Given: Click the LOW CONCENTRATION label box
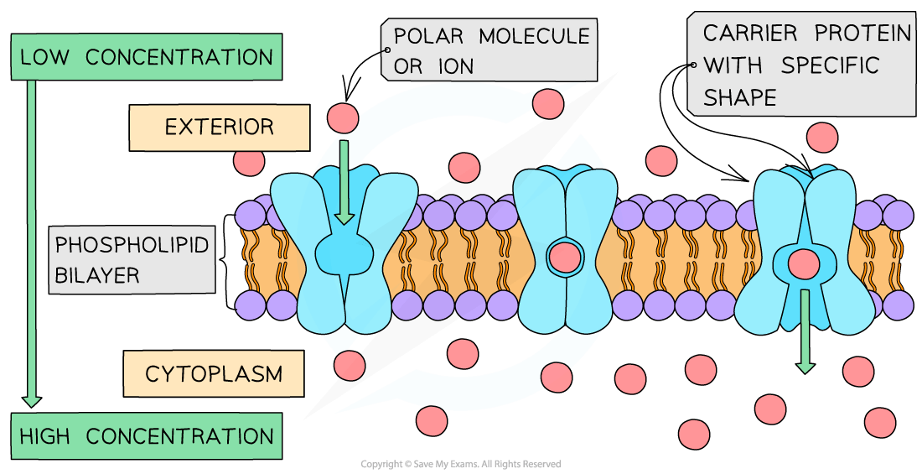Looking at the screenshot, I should click(147, 57).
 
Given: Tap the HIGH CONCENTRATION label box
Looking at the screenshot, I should click(147, 435).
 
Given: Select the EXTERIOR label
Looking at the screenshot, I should click(219, 127).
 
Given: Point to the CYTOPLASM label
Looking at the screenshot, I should click(213, 373).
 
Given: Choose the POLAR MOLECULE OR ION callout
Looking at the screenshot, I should click(489, 49).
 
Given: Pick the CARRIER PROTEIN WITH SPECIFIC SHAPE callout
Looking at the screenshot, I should click(801, 65).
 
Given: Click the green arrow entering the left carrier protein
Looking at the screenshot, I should click(344, 181).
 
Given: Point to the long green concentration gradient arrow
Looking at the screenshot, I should click(32, 243).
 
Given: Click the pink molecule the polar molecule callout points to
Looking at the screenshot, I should click(342, 117).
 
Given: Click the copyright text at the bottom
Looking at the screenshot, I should click(460, 464).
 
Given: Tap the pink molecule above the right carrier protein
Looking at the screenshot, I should click(821, 138).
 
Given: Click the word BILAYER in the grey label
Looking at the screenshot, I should click(96, 275).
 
